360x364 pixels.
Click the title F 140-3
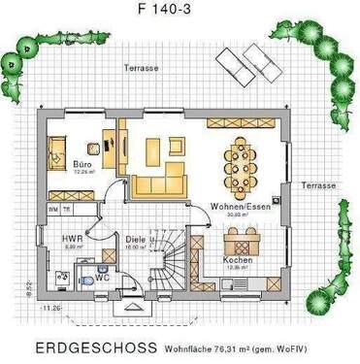click(179, 13)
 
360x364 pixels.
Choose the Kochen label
click(238, 260)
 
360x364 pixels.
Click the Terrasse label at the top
click(141, 69)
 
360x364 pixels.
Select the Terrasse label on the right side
click(317, 184)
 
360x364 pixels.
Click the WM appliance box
click(52, 209)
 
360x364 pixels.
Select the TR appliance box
click(67, 209)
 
